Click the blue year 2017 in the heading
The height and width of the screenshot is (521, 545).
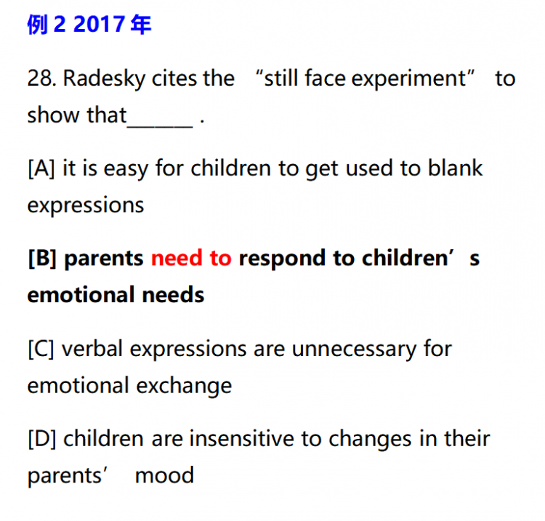(x=99, y=24)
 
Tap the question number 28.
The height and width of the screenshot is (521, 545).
(x=41, y=78)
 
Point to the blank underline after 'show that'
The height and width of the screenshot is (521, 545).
(x=160, y=127)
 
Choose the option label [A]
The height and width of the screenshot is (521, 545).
(x=41, y=169)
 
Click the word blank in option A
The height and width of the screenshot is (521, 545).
(x=455, y=169)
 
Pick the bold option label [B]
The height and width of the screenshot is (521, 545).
(x=42, y=259)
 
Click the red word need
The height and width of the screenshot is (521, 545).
(x=177, y=259)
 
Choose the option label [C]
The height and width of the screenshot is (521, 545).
(x=41, y=350)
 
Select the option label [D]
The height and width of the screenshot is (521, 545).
(x=41, y=439)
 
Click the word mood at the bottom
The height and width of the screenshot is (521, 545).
(x=164, y=476)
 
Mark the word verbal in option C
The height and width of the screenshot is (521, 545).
(x=92, y=349)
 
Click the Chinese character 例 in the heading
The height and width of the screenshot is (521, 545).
(x=37, y=25)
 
